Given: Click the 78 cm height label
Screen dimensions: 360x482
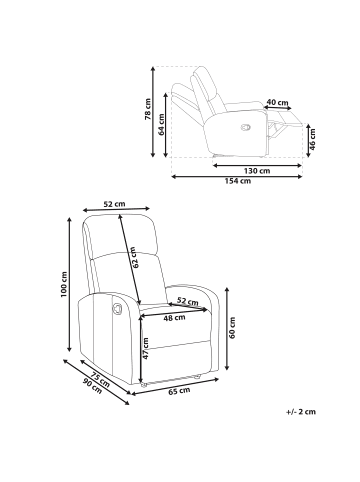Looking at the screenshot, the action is [148, 109].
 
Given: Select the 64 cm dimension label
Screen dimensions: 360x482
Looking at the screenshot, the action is [161, 124].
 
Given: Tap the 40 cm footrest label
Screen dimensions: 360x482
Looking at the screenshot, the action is [278, 102].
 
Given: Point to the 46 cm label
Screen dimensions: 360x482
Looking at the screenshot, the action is [312, 139].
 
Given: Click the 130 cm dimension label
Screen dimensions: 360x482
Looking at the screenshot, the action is [256, 171].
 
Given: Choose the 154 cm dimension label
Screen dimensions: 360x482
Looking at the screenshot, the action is [237, 181].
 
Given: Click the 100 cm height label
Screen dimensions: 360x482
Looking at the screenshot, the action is [64, 284].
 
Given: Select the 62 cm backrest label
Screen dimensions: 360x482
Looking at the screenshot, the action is [136, 257].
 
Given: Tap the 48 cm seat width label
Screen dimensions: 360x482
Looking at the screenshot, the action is [174, 318].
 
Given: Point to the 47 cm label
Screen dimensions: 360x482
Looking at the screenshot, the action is [145, 348].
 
